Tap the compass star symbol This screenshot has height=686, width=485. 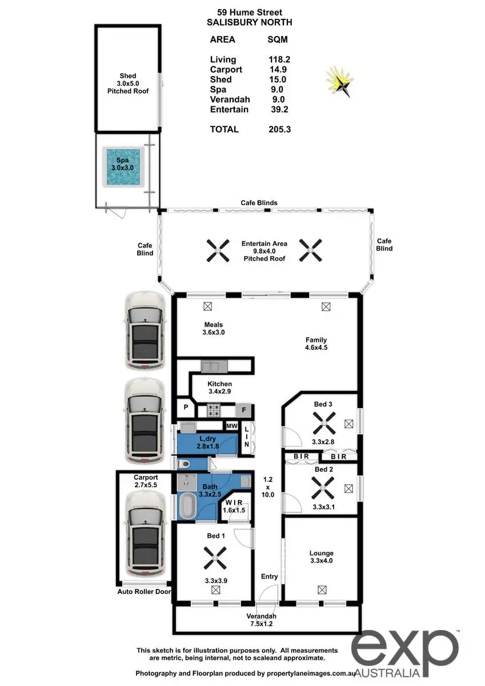[x=340, y=81]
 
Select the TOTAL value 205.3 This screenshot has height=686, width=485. [x=279, y=129]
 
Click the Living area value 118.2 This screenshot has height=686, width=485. [x=279, y=59]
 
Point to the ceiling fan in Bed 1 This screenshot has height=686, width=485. [x=215, y=559]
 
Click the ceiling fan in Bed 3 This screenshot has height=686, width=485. [x=324, y=424]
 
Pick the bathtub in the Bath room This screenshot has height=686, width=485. [x=187, y=506]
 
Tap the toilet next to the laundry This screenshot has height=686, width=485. [x=185, y=464]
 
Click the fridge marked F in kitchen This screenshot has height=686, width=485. [x=243, y=410]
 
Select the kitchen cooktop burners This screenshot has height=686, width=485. [x=214, y=410]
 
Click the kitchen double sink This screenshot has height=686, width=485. [x=214, y=366]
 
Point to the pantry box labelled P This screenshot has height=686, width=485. [x=186, y=408]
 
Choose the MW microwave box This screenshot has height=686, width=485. [x=231, y=426]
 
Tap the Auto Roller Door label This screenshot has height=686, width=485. [x=144, y=591]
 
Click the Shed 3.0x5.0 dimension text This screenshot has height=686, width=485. [x=128, y=83]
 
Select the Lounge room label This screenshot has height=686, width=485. [x=321, y=553]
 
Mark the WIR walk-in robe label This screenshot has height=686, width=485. [x=234, y=502]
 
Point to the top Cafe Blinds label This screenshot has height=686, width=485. [x=259, y=203]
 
